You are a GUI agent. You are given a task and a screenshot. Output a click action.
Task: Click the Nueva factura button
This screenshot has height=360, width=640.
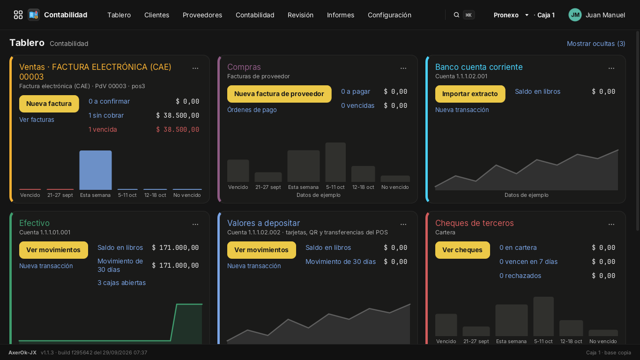[x=49, y=104]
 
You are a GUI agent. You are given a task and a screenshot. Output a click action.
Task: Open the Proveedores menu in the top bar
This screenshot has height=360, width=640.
[x=202, y=15]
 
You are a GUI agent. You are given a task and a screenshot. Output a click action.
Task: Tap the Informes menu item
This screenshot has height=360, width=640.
[x=340, y=15]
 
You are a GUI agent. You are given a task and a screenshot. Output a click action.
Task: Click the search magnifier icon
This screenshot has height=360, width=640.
[x=456, y=15]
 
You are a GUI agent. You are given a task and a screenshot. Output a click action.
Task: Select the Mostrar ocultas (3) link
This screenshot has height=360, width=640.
[x=595, y=44]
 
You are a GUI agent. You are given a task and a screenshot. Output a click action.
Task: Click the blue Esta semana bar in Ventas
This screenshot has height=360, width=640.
[x=96, y=170]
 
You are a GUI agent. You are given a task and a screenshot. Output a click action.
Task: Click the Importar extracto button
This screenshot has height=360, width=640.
[x=470, y=94]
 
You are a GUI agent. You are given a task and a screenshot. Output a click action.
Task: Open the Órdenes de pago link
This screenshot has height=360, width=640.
[x=252, y=110]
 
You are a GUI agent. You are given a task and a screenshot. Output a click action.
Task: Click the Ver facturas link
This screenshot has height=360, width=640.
[x=37, y=120]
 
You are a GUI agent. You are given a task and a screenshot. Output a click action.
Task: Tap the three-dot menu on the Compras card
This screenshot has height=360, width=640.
[x=403, y=68]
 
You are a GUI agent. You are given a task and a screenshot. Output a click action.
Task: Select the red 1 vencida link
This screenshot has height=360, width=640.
[x=103, y=129]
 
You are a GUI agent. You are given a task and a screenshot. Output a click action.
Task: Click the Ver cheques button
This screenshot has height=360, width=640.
[x=462, y=250]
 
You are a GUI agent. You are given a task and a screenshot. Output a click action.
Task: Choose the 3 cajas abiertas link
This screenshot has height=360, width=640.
[x=121, y=283]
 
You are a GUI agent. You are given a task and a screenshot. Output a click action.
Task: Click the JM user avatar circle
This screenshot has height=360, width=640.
[x=575, y=15]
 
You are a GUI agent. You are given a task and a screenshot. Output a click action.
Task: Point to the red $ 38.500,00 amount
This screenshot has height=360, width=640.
[x=178, y=129]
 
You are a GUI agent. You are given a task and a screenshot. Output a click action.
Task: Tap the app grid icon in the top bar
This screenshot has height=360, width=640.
[x=18, y=15]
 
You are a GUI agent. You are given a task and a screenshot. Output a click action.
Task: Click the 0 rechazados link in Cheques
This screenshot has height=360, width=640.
[x=520, y=276]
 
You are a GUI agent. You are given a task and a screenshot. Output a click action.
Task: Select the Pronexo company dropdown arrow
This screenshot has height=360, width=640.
[x=527, y=15]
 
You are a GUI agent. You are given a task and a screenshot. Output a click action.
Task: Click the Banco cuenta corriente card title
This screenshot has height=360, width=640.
[x=478, y=67]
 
